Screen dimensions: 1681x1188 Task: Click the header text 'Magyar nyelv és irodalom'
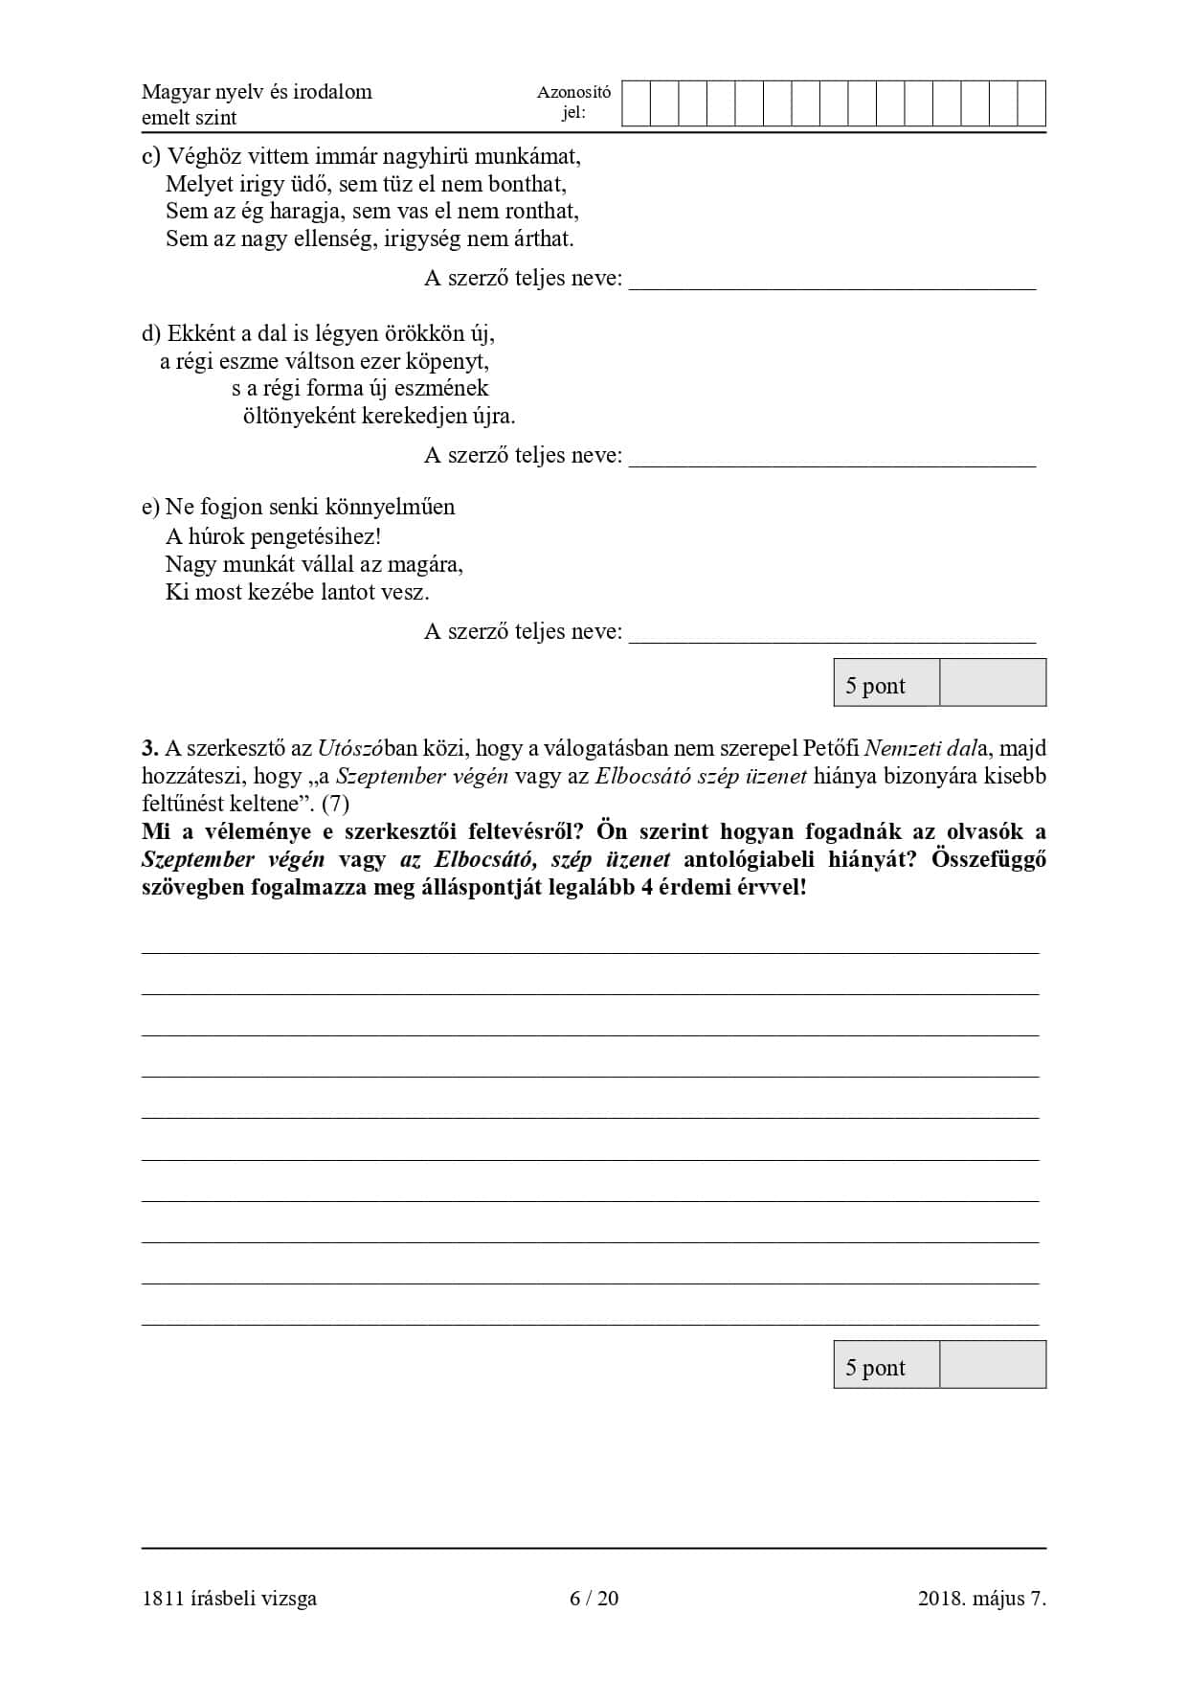tap(257, 92)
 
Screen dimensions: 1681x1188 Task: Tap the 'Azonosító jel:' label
tap(573, 102)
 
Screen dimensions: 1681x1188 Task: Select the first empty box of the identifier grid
tap(636, 103)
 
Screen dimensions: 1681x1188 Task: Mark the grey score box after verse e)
tap(992, 683)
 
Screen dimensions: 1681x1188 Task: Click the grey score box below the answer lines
tap(992, 1365)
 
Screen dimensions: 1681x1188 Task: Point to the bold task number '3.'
tap(150, 749)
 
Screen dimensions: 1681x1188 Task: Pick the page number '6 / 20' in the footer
tap(594, 1598)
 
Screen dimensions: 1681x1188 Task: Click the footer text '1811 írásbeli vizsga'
tap(229, 1598)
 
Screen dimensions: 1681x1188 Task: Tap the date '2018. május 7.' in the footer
tap(981, 1598)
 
